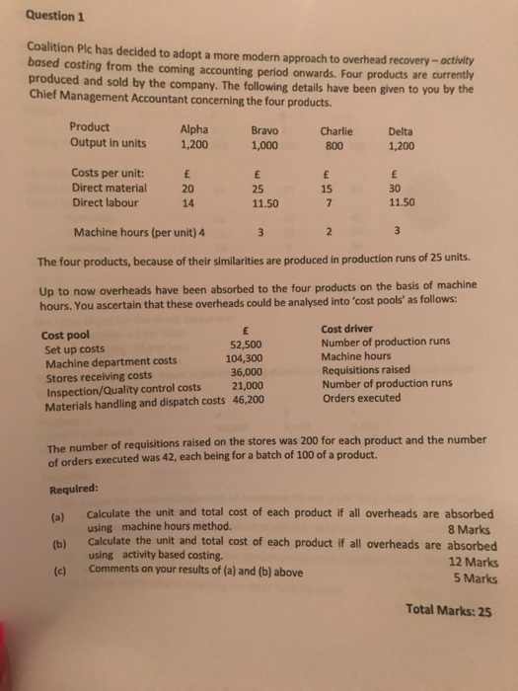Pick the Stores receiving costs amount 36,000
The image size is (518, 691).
coord(243,372)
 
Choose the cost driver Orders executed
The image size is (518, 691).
coord(361,398)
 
